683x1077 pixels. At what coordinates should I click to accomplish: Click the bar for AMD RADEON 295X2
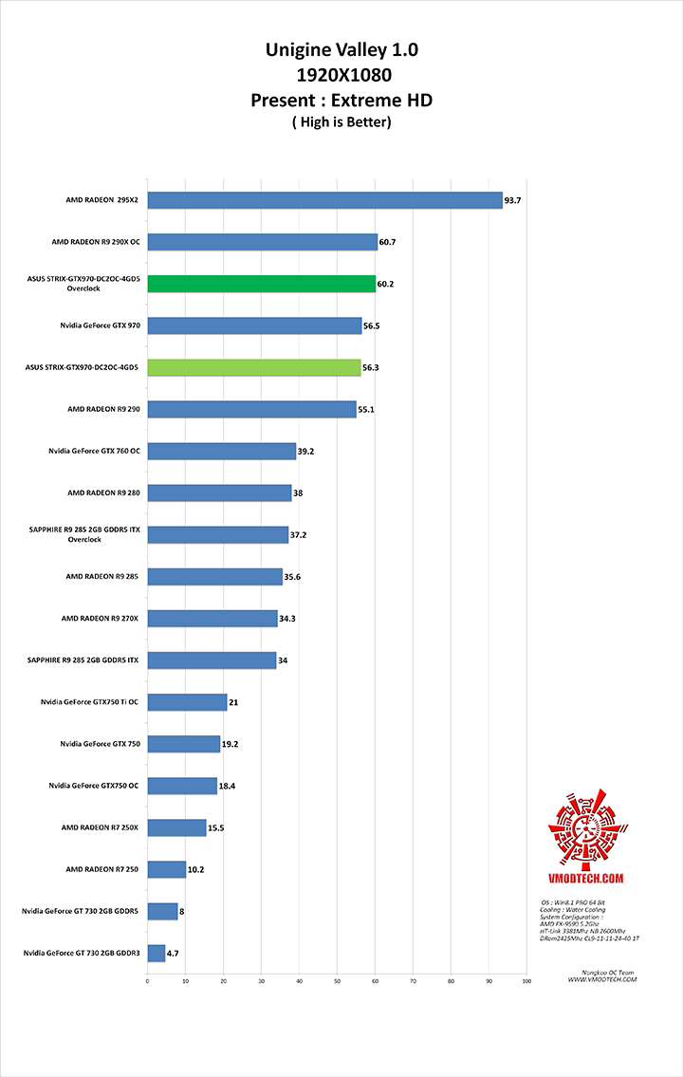tap(324, 200)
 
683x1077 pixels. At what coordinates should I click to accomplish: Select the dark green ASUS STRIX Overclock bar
tap(262, 284)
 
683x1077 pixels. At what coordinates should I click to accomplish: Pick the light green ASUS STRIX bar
tap(254, 367)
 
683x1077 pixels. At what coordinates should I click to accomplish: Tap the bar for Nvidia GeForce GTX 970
tap(254, 325)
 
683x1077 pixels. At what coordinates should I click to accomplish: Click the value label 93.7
tap(513, 200)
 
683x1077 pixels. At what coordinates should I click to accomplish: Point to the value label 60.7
tap(387, 242)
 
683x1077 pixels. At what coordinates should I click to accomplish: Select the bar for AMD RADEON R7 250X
tap(176, 827)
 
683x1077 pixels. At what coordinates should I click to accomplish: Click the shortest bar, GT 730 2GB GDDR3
tap(157, 953)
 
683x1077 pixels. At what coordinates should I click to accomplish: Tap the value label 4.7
tap(174, 953)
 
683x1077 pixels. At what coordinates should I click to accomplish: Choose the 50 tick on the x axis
tap(337, 981)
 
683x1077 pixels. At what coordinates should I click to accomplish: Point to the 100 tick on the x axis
tap(526, 981)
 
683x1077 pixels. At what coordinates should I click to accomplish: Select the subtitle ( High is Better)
tap(341, 121)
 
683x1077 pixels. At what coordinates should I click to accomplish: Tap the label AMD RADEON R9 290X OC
tap(96, 242)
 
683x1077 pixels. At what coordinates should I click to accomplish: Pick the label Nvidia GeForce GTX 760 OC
tap(93, 451)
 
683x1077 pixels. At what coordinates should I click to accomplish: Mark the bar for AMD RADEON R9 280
tap(219, 492)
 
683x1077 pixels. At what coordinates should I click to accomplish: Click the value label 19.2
tap(231, 744)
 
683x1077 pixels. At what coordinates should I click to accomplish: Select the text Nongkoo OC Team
tap(603, 974)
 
